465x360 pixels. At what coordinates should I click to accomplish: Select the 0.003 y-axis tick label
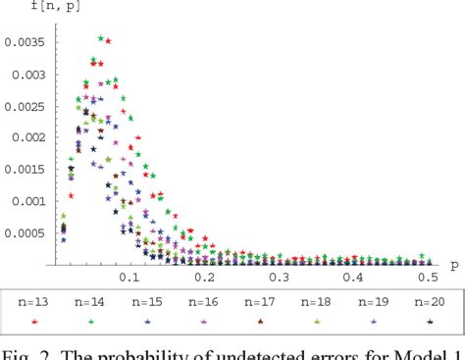click(30, 75)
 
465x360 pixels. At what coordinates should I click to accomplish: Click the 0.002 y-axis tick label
click(30, 137)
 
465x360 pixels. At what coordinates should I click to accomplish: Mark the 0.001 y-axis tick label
click(30, 201)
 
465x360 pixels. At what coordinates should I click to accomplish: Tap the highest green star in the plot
click(100, 38)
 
